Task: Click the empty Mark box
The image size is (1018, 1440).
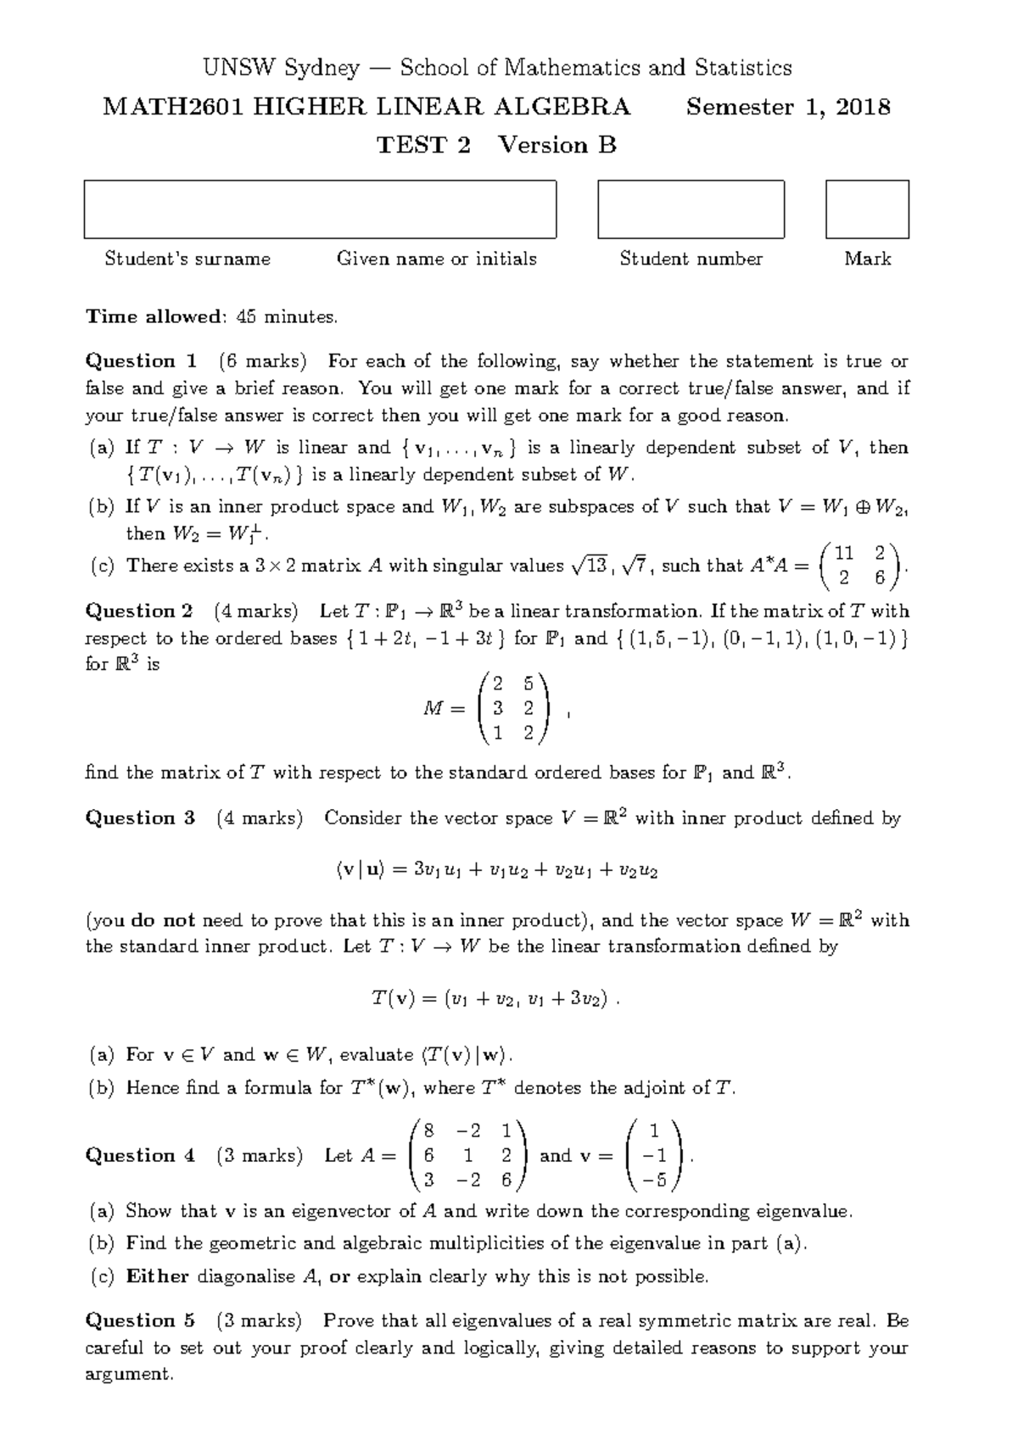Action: tap(867, 209)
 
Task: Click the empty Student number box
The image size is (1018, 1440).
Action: tap(691, 209)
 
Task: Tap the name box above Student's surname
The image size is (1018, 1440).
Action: tap(320, 209)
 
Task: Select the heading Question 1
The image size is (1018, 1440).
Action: tap(141, 361)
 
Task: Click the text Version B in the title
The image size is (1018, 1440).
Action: tap(557, 146)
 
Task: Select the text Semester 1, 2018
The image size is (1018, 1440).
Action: tap(788, 108)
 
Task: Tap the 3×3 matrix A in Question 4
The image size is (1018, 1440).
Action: tap(467, 1155)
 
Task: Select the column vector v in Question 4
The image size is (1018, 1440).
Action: tap(654, 1155)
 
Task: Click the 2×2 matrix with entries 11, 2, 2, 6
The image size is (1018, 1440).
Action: tap(860, 566)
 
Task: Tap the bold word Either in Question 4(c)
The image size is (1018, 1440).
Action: tap(157, 1276)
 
